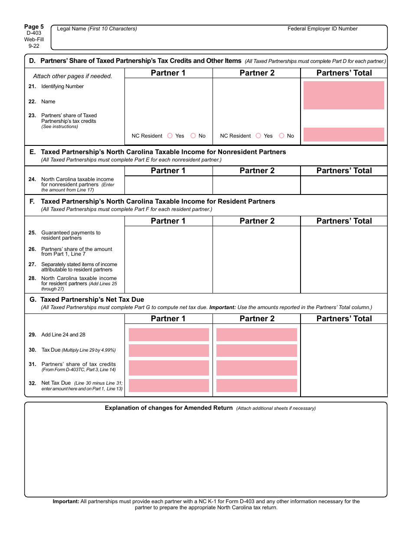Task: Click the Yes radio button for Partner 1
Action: click(170, 136)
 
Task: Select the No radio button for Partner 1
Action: click(193, 136)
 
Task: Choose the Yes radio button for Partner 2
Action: click(258, 136)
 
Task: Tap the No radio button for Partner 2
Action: click(281, 136)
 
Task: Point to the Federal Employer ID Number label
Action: click(322, 29)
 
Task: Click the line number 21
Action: click(32, 86)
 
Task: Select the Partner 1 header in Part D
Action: click(168, 73)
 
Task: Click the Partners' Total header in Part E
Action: click(344, 171)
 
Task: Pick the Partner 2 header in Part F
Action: click(257, 221)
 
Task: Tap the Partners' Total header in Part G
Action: click(344, 319)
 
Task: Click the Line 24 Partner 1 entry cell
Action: click(168, 185)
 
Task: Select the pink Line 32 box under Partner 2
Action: click(257, 386)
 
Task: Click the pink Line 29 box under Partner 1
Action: click(169, 335)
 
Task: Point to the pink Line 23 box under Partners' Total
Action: click(343, 135)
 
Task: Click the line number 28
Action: click(32, 278)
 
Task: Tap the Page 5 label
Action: click(34, 27)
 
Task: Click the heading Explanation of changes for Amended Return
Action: click(169, 408)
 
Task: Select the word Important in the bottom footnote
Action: click(66, 501)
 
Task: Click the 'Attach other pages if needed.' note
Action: click(72, 76)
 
